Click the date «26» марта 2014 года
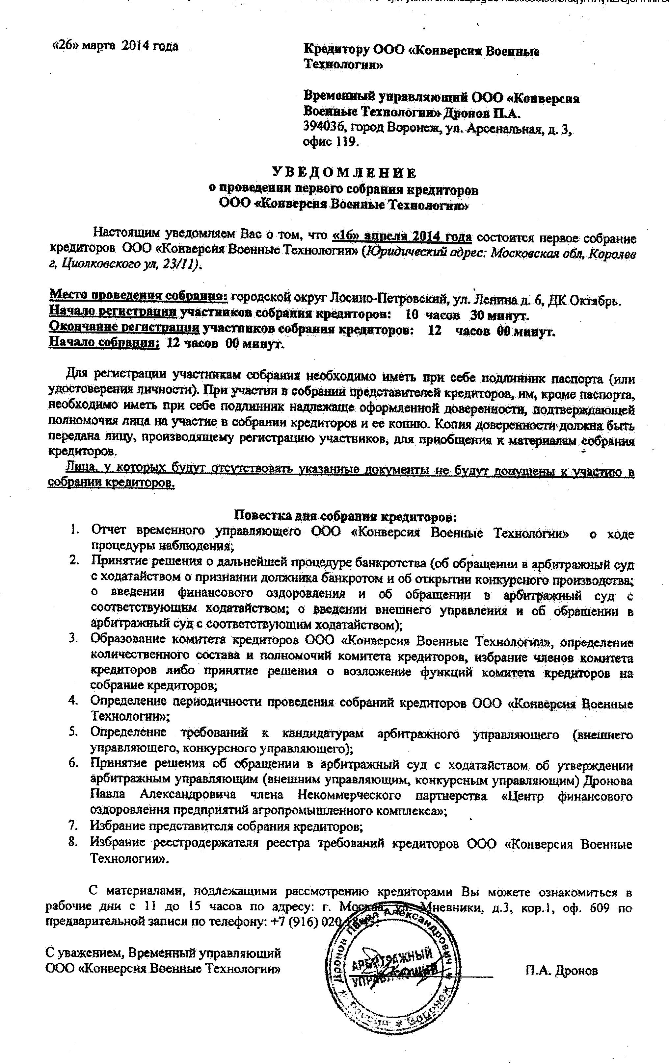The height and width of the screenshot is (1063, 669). click(x=115, y=46)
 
